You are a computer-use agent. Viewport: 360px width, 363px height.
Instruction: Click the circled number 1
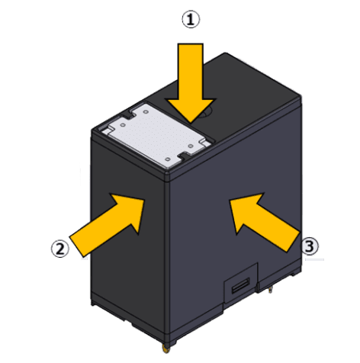191,19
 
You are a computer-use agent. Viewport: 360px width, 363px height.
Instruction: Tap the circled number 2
59,249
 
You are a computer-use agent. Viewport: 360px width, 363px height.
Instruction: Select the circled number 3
310,246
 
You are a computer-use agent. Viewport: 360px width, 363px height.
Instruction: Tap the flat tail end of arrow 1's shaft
190,43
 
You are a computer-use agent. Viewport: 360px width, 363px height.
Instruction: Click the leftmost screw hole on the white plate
123,125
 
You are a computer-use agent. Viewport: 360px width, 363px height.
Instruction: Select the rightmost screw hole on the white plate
190,146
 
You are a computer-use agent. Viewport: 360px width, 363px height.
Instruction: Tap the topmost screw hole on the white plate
146,111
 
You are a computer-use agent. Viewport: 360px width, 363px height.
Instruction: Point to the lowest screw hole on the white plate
168,159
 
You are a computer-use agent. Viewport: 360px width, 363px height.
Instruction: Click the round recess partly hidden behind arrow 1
207,113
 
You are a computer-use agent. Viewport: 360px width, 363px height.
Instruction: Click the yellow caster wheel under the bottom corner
166,349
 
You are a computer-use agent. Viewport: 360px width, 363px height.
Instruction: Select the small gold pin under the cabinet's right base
271,290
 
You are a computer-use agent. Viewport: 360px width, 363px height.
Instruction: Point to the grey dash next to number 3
314,259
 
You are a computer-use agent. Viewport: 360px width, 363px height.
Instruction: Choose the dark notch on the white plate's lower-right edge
184,155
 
